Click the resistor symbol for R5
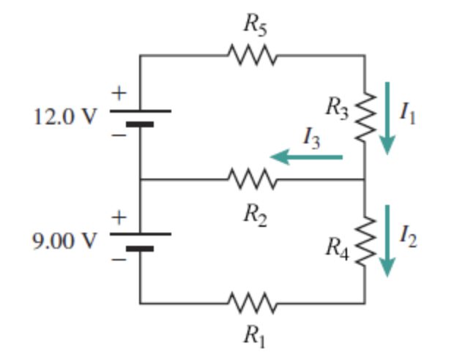coord(251,55)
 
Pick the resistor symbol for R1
coord(251,301)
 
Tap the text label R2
coord(253,213)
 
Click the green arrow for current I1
coord(387,117)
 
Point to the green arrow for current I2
coord(387,241)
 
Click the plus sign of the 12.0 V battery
coord(117,93)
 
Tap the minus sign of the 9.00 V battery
coord(117,258)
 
